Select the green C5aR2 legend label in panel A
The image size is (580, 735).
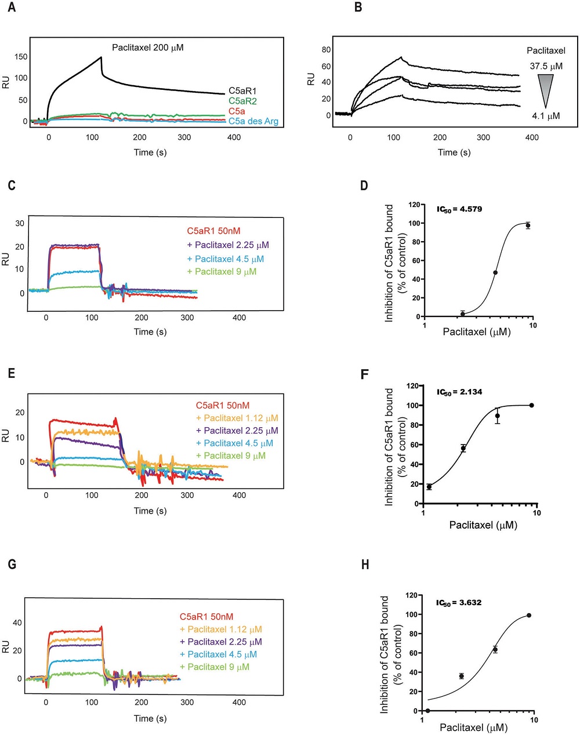coord(242,101)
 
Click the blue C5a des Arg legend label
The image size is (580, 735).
coord(253,121)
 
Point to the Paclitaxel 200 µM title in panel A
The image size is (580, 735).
coord(148,48)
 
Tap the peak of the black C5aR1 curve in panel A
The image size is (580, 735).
coord(101,57)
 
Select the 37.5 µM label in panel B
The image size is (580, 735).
coord(546,66)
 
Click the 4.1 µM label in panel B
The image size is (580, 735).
coord(546,116)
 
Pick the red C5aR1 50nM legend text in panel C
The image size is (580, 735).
coord(213,231)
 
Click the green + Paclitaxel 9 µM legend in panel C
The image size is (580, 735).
coord(221,271)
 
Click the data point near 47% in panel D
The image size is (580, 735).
coord(495,272)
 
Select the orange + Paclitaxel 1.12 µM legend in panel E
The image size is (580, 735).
coord(237,418)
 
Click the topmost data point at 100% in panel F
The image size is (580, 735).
coord(531,405)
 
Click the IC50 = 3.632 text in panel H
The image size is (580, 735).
coord(458,603)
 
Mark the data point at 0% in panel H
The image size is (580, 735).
coord(427,711)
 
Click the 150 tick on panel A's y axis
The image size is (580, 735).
coord(21,57)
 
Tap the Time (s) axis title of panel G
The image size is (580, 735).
coord(150,718)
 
